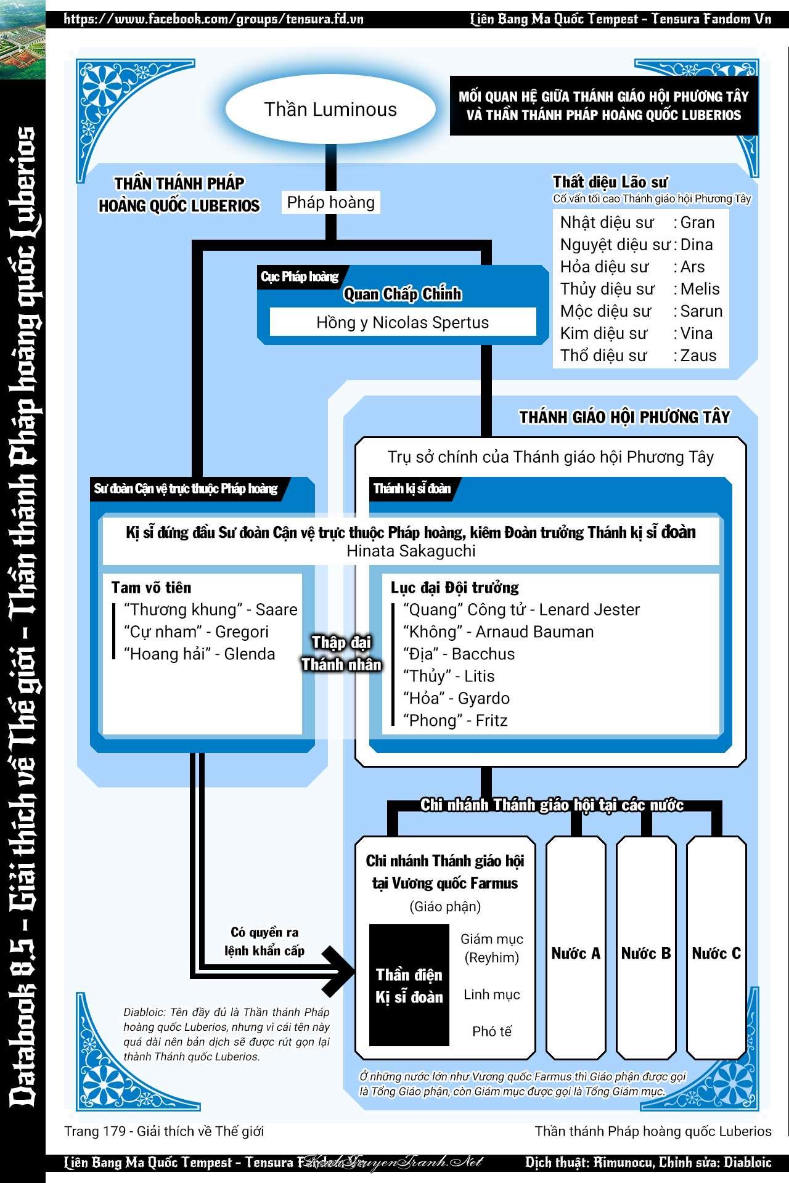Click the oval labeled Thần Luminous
point(330,110)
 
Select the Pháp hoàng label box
point(331,202)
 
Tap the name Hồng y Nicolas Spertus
point(403,322)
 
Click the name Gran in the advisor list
point(698,222)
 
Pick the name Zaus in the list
point(698,356)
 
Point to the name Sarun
point(701,311)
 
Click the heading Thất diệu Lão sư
point(610,182)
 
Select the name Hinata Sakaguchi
point(411,551)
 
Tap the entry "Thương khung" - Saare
point(210,609)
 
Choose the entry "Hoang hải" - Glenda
point(199,654)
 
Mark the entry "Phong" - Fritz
point(455,720)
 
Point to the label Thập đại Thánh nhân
point(341,653)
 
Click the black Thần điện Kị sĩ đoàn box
point(409,985)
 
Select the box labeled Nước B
point(646,953)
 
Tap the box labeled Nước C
point(716,953)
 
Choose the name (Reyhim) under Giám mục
point(491,957)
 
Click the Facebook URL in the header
point(213,19)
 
